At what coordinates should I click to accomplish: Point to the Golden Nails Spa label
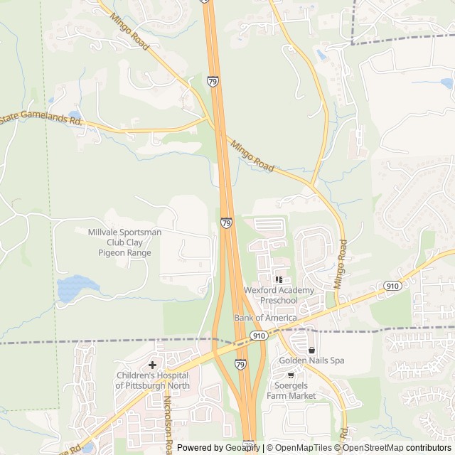click(x=311, y=360)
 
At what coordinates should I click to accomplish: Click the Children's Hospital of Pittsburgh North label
click(x=152, y=380)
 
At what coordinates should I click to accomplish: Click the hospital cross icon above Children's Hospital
click(x=152, y=365)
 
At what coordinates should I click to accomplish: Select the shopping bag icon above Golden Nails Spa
click(x=311, y=350)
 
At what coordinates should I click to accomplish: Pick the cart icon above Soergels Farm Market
click(x=290, y=375)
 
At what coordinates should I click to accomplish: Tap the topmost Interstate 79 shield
click(x=213, y=82)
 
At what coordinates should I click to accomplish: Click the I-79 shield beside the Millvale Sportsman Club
click(x=226, y=223)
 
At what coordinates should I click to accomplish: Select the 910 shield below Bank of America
click(x=258, y=335)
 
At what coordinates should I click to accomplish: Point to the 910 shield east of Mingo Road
click(x=392, y=285)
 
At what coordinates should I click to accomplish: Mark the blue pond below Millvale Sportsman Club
click(x=75, y=288)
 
